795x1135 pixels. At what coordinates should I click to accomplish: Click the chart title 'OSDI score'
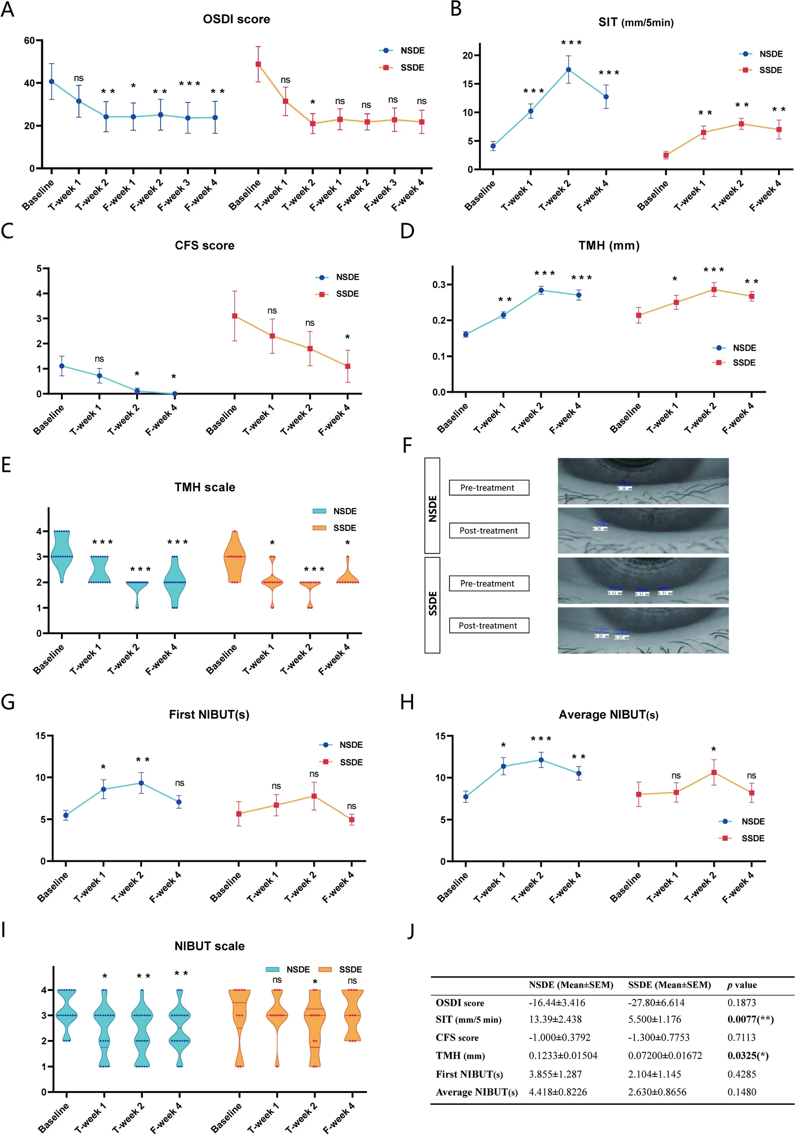click(x=236, y=19)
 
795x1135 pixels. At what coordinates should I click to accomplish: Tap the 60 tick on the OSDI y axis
click(x=30, y=41)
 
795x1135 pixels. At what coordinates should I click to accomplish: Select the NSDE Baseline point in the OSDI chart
click(x=51, y=81)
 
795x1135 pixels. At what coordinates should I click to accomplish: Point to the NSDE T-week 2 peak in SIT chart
click(x=568, y=70)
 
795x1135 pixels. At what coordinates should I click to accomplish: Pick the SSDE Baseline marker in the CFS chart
click(x=234, y=316)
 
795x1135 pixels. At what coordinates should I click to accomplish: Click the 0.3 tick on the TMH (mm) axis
click(x=439, y=285)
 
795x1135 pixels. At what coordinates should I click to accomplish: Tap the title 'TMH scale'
click(x=204, y=487)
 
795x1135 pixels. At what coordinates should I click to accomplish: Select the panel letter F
click(x=407, y=445)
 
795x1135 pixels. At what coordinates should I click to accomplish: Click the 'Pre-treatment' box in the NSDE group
click(x=489, y=488)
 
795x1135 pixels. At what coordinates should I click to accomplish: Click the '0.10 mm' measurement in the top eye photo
click(x=624, y=488)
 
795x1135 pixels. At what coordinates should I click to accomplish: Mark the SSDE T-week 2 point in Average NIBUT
click(x=714, y=772)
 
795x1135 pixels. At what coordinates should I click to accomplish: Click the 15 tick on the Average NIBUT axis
click(x=440, y=736)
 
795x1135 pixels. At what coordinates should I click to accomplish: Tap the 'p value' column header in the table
click(x=741, y=985)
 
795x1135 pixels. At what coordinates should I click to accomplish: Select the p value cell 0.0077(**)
click(x=750, y=1019)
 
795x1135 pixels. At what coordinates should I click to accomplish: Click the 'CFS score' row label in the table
click(x=457, y=1038)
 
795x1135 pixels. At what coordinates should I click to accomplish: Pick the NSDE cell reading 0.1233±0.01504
click(x=563, y=1056)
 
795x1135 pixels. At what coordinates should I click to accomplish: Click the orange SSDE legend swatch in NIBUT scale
click(x=325, y=969)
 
